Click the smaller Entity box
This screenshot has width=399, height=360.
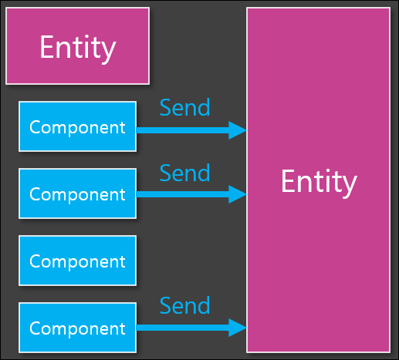pyautogui.click(x=77, y=46)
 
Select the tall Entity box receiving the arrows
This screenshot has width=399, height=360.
pyautogui.click(x=318, y=180)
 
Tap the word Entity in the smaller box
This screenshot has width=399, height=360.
pyautogui.click(x=78, y=49)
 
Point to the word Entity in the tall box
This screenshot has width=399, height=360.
pyautogui.click(x=319, y=183)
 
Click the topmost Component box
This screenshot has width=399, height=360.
pyautogui.click(x=77, y=126)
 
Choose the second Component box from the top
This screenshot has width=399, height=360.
pyautogui.click(x=77, y=193)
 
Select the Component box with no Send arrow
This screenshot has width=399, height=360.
pyautogui.click(x=77, y=261)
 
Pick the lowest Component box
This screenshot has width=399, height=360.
pyautogui.click(x=77, y=328)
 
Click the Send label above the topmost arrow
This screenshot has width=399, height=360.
pyautogui.click(x=184, y=107)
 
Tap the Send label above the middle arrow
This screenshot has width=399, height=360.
pyautogui.click(x=184, y=173)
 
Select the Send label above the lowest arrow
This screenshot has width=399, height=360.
pyautogui.click(x=184, y=305)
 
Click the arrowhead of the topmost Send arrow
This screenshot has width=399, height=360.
pyautogui.click(x=238, y=130)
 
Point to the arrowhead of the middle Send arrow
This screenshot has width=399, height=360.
pyautogui.click(x=238, y=194)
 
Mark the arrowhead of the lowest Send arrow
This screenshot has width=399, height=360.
pyautogui.click(x=238, y=328)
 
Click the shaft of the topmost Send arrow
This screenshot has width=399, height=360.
pyautogui.click(x=182, y=130)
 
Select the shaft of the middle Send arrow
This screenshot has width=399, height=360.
pyautogui.click(x=182, y=194)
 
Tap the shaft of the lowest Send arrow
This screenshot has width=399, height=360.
pyautogui.click(x=182, y=328)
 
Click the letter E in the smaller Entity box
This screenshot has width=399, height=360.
pyautogui.click(x=47, y=46)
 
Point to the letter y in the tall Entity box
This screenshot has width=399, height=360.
pyautogui.click(x=349, y=187)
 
